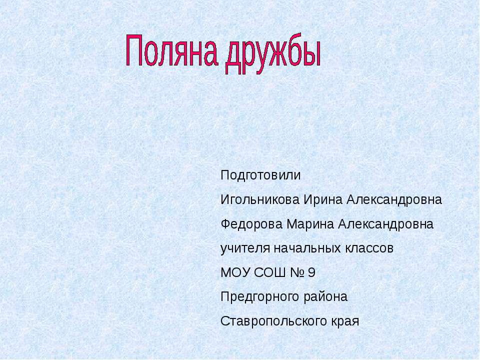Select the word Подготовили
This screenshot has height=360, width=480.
pos(260,176)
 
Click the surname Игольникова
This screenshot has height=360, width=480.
pos(259,200)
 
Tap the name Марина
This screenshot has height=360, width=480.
pos(310,224)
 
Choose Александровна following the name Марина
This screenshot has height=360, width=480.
pos(386,224)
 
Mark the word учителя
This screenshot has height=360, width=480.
pos(245,248)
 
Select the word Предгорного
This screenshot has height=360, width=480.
pos(260,297)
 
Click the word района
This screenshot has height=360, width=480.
pos(325,297)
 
